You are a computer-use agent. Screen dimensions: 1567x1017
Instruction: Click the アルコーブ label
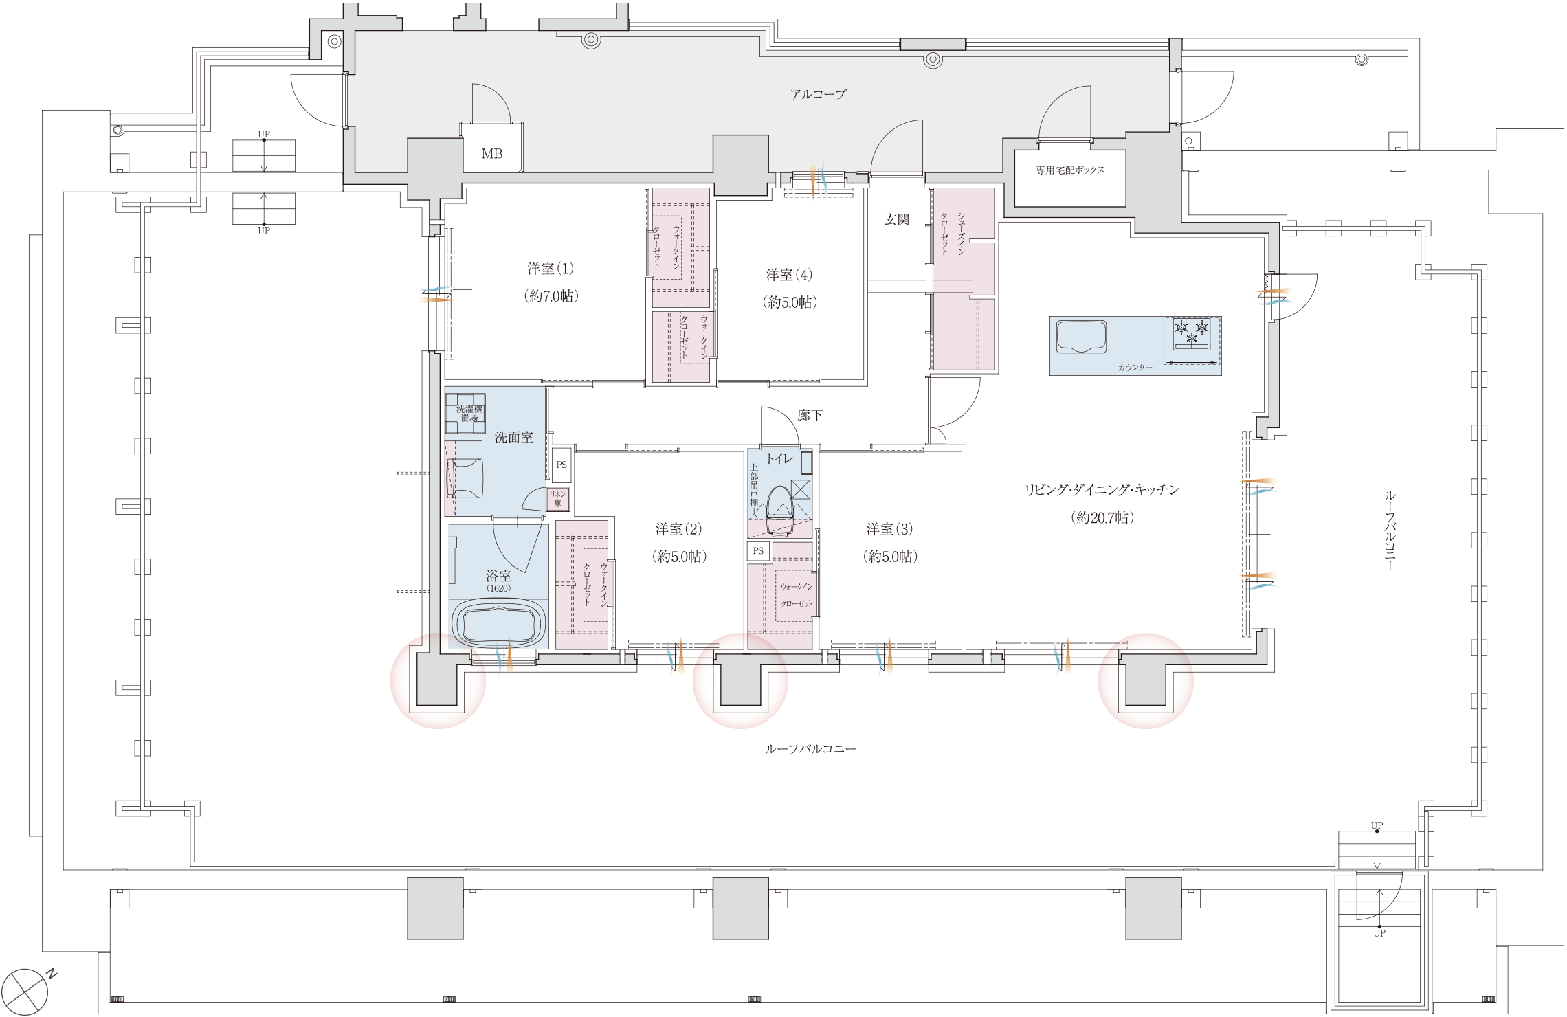[x=818, y=94]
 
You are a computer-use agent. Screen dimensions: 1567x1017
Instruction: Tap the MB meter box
[x=491, y=154]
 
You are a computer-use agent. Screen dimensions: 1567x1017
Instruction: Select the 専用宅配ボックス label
[x=1070, y=170]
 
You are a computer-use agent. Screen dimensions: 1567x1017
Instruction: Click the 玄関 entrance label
[x=896, y=220]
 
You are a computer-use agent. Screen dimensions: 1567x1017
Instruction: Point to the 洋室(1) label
[x=550, y=269]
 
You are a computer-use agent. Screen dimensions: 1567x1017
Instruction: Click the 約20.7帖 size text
[x=1102, y=518]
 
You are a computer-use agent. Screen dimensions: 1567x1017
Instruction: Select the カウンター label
[x=1135, y=368]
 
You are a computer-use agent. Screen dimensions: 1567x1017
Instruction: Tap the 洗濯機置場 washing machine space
[x=465, y=414]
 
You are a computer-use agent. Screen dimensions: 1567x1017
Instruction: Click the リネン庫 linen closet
[x=557, y=499]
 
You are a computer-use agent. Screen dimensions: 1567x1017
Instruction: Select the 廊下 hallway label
[x=810, y=416]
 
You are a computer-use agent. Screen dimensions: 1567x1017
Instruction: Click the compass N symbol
[x=28, y=992]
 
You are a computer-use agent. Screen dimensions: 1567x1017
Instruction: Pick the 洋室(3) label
[x=889, y=530]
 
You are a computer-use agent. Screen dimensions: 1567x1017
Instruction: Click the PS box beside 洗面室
[x=562, y=465]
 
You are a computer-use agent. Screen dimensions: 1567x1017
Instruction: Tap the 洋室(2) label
[x=678, y=530]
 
